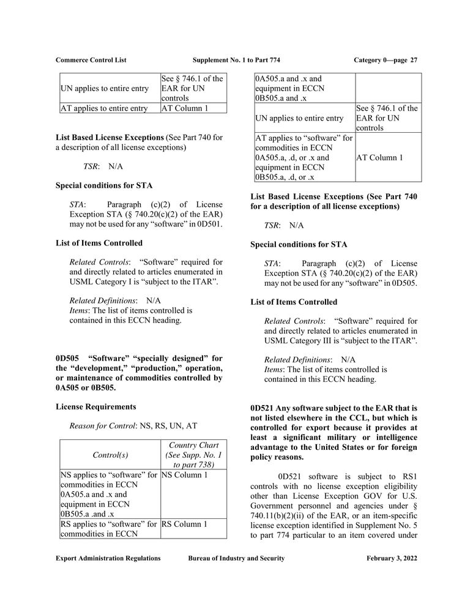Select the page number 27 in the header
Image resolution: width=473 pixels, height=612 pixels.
pos(414,60)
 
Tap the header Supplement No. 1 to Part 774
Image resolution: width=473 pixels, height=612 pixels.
pos(236,60)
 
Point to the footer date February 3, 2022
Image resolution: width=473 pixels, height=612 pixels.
pos(392,558)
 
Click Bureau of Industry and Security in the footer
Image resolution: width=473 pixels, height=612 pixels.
pos(236,558)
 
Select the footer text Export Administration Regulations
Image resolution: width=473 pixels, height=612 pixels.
pos(108,558)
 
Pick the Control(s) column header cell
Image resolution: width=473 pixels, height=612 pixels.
pos(110,455)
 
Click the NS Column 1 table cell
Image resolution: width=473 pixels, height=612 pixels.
pos(185,475)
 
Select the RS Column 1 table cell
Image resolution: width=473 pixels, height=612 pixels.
pos(185,524)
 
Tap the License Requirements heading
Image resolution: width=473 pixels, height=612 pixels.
pos(96,406)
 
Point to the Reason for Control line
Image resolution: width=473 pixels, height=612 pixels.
pos(135,425)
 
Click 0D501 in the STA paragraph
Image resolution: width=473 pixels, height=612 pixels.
pos(209,225)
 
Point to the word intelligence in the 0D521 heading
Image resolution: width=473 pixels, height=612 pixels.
pos(395,438)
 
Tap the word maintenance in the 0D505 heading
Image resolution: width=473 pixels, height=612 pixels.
pos(95,378)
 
